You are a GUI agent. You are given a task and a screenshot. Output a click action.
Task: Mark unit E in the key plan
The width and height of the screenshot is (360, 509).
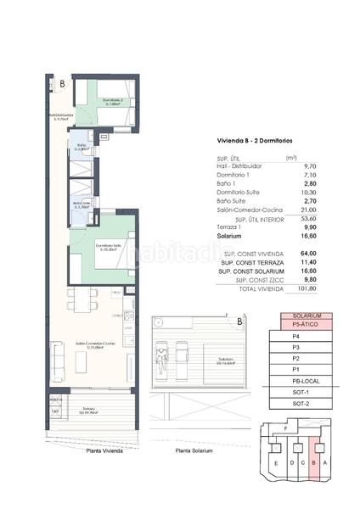(275, 463)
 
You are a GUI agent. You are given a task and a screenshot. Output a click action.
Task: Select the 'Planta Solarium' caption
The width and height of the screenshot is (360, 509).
(194, 450)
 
